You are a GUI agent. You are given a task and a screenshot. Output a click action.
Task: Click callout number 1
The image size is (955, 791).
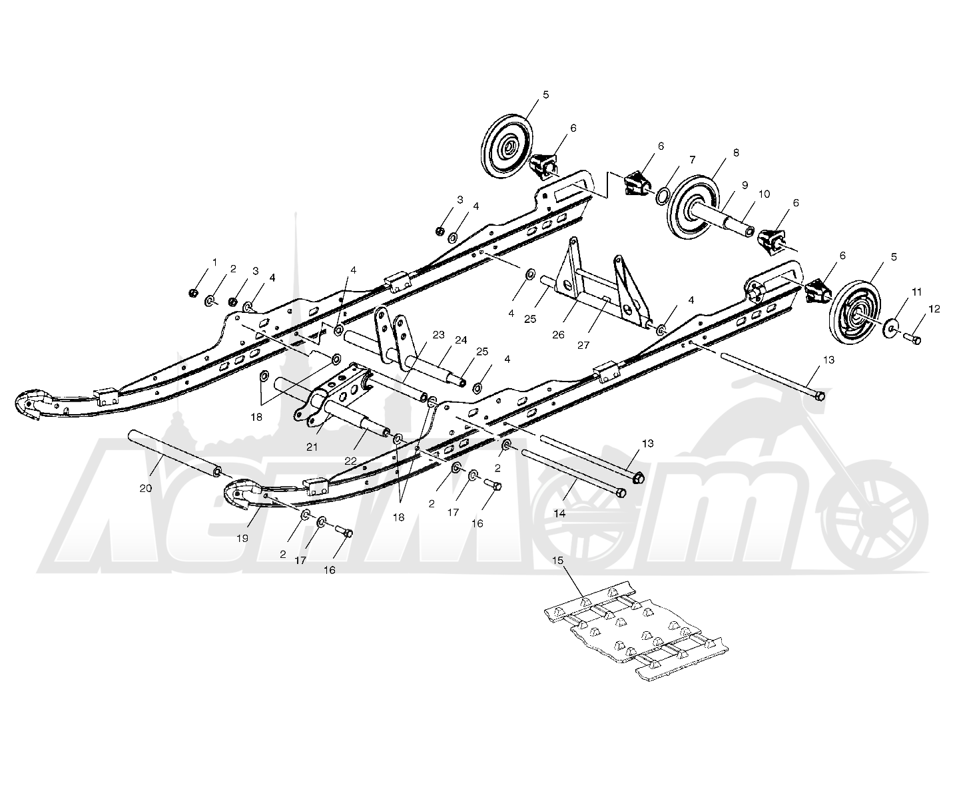(214, 262)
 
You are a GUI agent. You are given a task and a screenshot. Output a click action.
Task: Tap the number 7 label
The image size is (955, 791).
(693, 160)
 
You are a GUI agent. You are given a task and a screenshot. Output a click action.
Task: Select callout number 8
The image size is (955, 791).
(735, 152)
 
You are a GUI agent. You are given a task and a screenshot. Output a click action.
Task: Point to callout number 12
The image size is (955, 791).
(934, 309)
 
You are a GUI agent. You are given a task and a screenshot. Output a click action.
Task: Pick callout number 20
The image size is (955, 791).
(145, 488)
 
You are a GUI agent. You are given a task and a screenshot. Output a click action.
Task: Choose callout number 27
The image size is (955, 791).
(583, 345)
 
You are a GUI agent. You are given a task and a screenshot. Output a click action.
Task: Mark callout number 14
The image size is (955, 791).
(559, 513)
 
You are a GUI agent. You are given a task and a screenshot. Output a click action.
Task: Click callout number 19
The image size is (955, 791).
(242, 538)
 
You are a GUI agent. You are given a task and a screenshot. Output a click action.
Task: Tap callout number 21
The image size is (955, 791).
(312, 447)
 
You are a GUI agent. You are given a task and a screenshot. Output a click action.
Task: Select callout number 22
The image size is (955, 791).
(350, 461)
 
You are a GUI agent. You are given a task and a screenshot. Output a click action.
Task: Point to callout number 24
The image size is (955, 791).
(461, 340)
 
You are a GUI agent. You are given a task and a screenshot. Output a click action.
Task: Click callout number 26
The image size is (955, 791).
(558, 335)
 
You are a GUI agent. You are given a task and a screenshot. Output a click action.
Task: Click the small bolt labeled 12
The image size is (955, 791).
(912, 340)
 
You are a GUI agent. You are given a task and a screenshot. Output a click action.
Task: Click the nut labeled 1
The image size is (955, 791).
(194, 292)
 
